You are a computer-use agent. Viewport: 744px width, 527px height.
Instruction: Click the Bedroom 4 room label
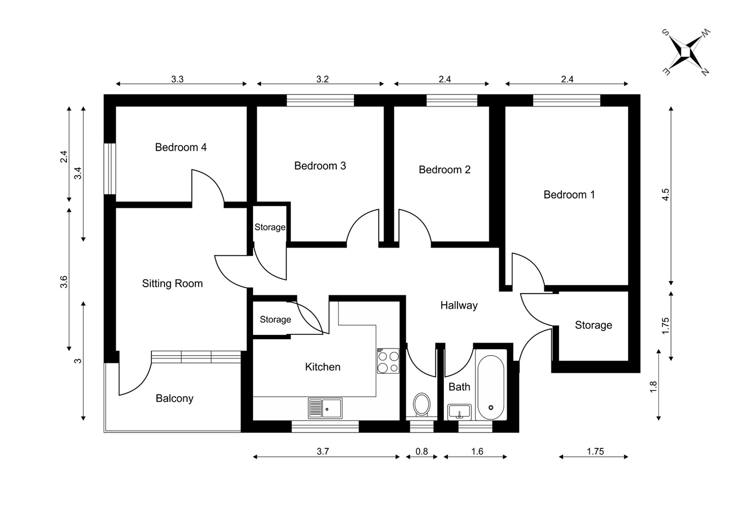click(181, 147)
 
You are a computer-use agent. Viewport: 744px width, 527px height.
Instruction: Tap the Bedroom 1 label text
click(569, 194)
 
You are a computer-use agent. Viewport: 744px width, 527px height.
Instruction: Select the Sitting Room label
click(172, 283)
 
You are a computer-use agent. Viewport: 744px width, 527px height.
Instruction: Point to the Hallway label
click(459, 305)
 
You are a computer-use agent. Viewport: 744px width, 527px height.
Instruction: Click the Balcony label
click(174, 399)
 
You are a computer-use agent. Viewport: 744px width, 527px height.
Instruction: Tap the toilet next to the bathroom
click(421, 405)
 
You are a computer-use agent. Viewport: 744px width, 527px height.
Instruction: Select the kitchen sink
click(325, 408)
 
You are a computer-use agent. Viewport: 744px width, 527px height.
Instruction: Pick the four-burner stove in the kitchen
click(388, 362)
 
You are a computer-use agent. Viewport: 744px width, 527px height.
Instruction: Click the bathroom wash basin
click(459, 411)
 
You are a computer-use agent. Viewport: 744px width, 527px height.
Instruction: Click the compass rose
click(686, 51)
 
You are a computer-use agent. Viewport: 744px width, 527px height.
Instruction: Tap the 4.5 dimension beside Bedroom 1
click(666, 195)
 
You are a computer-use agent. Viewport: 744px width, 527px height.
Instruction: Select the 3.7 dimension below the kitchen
click(323, 451)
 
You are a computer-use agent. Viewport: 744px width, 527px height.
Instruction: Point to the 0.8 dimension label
click(421, 451)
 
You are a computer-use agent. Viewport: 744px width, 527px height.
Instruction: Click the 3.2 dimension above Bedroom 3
click(322, 79)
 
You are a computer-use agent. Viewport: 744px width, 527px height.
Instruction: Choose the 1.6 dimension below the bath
click(477, 451)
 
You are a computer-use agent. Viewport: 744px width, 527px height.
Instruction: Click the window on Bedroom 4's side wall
click(110, 169)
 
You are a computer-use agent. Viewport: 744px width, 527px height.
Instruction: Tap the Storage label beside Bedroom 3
click(269, 227)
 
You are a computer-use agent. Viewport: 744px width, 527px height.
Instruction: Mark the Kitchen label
click(323, 367)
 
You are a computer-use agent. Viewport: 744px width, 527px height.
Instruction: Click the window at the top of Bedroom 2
click(452, 100)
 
